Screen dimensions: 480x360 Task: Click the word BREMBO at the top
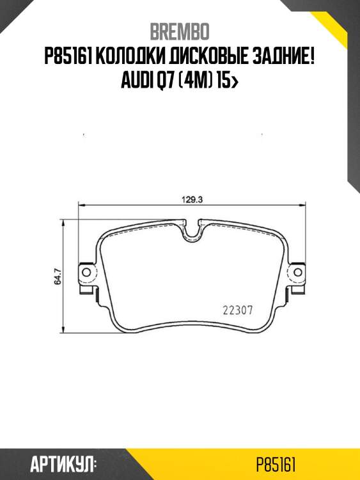[180, 31]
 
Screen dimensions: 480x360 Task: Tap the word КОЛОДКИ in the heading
[135, 57]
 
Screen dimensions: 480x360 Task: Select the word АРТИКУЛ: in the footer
[63, 464]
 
